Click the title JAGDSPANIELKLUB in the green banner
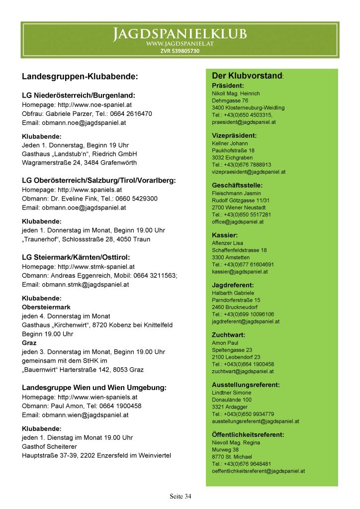(180, 34)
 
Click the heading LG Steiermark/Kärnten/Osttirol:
(76, 257)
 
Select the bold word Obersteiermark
(46, 307)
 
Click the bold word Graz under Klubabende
(29, 343)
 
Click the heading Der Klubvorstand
(247, 76)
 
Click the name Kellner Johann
(230, 143)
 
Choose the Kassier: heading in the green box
(225, 235)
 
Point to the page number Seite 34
(180, 496)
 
